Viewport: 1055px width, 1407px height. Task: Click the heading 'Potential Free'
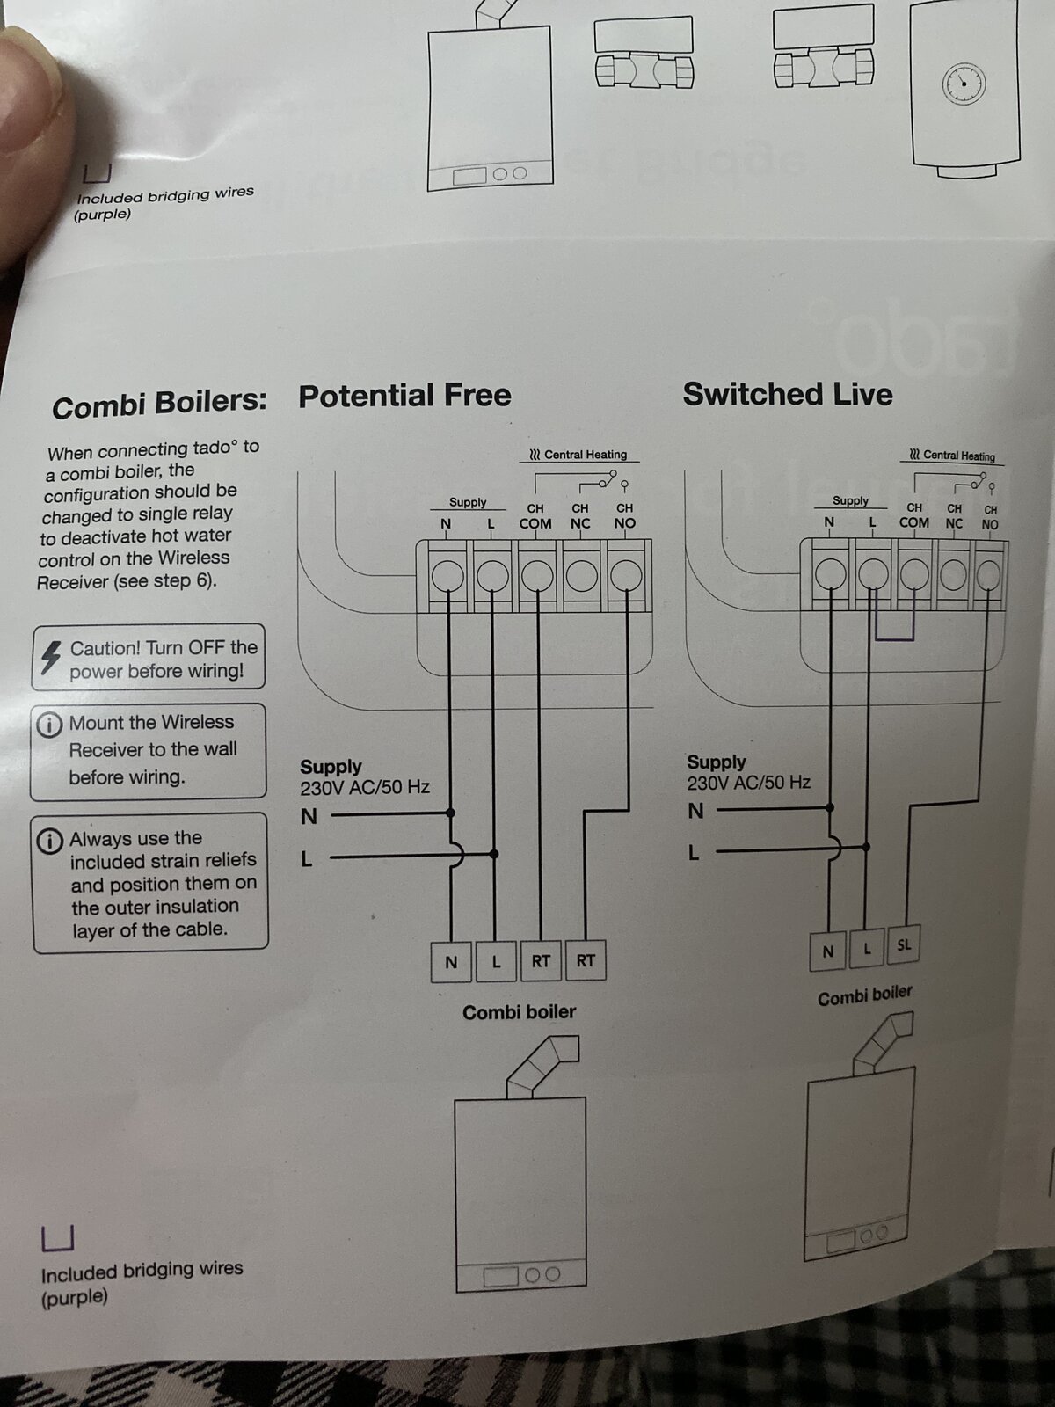(x=404, y=396)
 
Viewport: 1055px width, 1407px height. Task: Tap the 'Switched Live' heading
(x=787, y=394)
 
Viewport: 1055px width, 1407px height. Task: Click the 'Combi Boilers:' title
(x=159, y=405)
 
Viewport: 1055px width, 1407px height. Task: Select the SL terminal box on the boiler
(x=904, y=944)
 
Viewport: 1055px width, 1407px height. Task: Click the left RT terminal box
(x=541, y=960)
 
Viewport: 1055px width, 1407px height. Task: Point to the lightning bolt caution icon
(x=50, y=657)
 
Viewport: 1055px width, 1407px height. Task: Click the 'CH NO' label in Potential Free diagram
(x=624, y=516)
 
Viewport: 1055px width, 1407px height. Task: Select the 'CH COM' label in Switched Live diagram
(x=914, y=516)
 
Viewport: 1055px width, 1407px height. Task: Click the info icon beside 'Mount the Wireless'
(x=48, y=725)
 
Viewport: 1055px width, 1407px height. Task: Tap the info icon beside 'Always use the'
(x=50, y=841)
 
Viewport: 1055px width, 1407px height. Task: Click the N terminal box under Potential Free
(x=451, y=961)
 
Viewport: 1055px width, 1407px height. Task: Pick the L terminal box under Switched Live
(x=868, y=949)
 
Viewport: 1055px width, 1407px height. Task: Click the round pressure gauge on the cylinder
(x=964, y=84)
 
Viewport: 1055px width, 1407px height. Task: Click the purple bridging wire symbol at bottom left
(x=58, y=1238)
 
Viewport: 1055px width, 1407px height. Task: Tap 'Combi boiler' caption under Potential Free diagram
(x=519, y=1012)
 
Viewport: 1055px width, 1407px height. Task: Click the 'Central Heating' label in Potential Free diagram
(x=578, y=455)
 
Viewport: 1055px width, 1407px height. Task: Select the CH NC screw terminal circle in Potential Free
(x=582, y=576)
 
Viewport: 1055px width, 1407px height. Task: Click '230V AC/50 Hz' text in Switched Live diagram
(x=749, y=783)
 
